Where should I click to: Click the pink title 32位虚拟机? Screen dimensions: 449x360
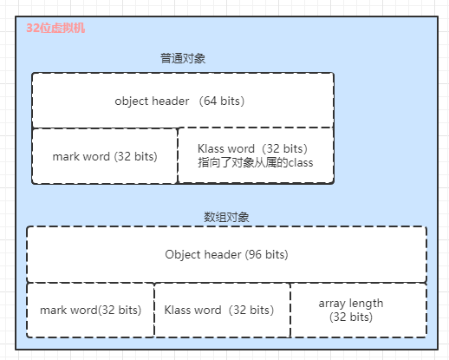pos(55,29)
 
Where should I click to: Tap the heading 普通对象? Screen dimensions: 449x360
pos(183,59)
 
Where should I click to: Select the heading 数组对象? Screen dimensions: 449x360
pos(226,217)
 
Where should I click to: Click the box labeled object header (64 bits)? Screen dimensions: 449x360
pos(183,101)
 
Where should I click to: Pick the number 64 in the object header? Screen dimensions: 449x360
pos(210,101)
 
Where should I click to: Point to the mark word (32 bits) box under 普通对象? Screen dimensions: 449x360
pos(105,156)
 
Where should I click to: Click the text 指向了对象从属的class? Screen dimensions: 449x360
pos(256,162)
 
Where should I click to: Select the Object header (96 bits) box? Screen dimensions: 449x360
pos(226,254)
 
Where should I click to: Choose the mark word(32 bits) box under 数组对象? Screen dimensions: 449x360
pos(90,310)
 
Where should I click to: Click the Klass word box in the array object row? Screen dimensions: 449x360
pos(222,310)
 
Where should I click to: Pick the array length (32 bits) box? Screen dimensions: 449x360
pos(359,310)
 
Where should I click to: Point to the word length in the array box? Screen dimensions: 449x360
pos(366,304)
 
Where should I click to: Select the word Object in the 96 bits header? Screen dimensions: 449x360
pos(183,255)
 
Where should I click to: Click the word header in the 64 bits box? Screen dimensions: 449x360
pos(171,101)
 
